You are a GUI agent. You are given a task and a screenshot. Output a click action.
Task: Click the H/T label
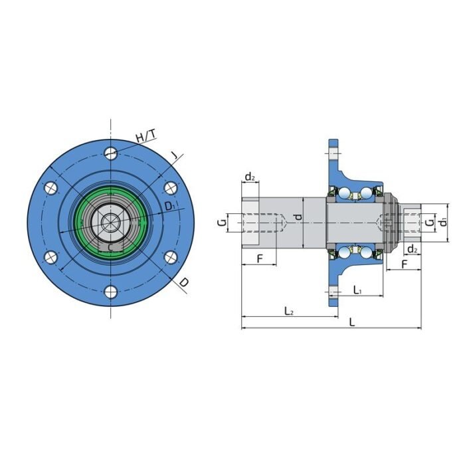(146, 137)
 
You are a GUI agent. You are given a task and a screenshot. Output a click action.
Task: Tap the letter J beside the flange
(174, 156)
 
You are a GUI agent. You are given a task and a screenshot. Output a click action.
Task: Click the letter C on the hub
(110, 247)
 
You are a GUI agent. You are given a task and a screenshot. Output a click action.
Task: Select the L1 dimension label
(357, 290)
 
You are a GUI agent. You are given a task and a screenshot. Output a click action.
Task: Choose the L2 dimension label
(289, 310)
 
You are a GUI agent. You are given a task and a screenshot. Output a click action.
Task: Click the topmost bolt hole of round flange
(110, 153)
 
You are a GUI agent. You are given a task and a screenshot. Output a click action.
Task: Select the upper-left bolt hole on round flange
(50, 188)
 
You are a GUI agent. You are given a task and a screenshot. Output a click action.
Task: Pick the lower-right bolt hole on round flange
(170, 257)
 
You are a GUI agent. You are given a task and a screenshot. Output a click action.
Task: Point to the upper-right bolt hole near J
(170, 188)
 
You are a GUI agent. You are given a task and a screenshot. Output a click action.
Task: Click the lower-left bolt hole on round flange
(50, 257)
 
